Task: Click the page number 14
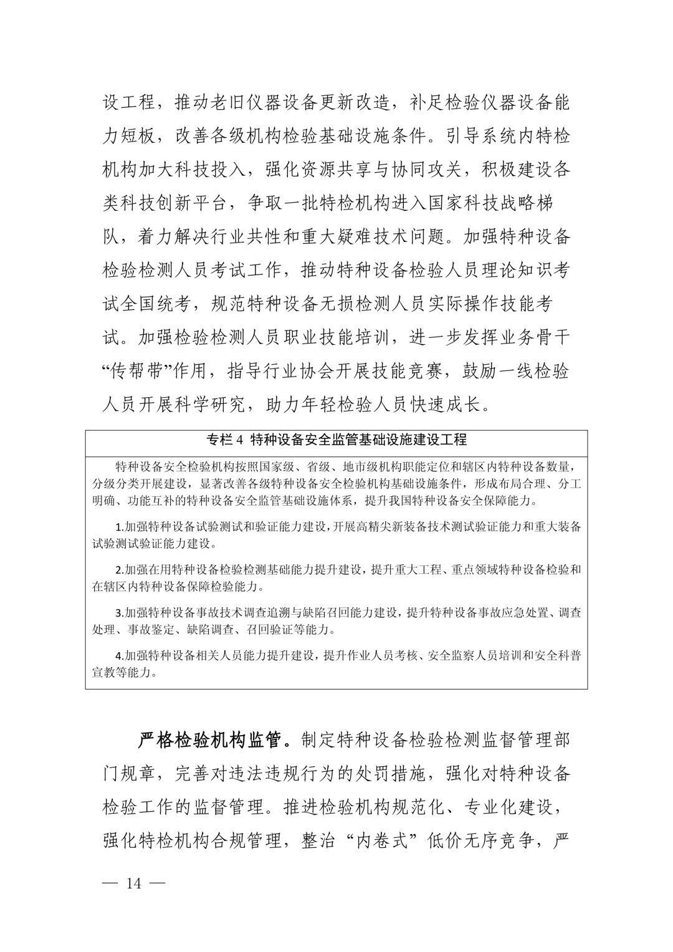pyautogui.click(x=134, y=883)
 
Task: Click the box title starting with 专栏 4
pyautogui.click(x=336, y=440)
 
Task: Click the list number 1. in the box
pyautogui.click(x=120, y=527)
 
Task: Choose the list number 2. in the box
pyautogui.click(x=120, y=570)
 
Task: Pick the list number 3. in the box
pyautogui.click(x=120, y=613)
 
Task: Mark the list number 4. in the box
pyautogui.click(x=120, y=656)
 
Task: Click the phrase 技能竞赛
pyautogui.click(x=400, y=372)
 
